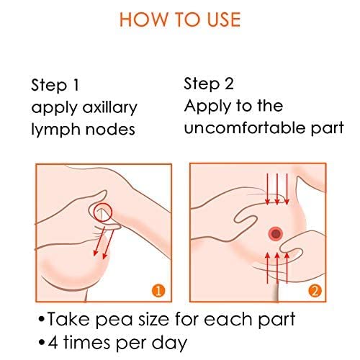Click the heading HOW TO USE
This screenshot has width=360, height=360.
click(x=179, y=19)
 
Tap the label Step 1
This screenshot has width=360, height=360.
click(x=55, y=86)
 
